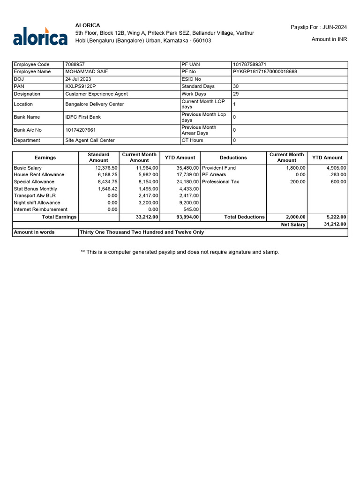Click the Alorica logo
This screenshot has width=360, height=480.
(x=40, y=36)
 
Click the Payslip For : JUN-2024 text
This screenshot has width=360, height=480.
(x=319, y=28)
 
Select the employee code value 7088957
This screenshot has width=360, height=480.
(x=75, y=64)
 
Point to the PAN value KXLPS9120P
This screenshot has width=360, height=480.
(x=80, y=86)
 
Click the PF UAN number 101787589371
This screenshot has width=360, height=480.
(x=250, y=64)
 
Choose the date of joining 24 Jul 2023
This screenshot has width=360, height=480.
(x=78, y=79)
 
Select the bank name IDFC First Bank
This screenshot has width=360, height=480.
(x=83, y=117)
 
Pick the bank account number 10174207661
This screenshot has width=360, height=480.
(x=81, y=130)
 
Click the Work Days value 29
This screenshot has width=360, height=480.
(x=236, y=94)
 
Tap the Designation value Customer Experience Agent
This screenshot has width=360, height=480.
(x=97, y=94)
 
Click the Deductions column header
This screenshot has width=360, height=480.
(x=233, y=157)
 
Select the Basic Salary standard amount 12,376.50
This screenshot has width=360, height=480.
(x=106, y=168)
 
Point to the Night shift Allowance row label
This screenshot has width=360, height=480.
(x=37, y=202)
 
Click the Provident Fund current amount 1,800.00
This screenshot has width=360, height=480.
(x=296, y=168)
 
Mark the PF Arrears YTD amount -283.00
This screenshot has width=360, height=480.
(x=337, y=174)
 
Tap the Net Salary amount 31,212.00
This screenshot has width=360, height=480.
(x=335, y=225)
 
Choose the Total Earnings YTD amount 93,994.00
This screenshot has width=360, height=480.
(x=187, y=217)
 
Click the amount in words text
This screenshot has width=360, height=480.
(x=142, y=232)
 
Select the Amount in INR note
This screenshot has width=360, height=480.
(x=329, y=39)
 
